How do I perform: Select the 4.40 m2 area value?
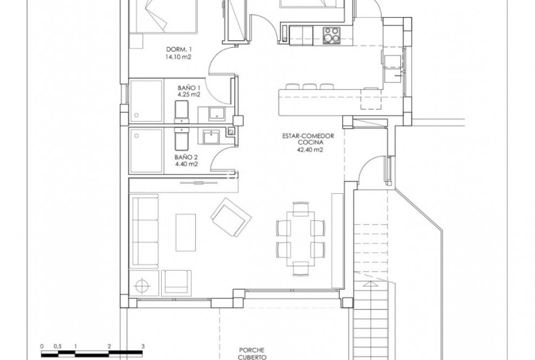[x=188, y=165]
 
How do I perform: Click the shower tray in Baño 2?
[x=146, y=150]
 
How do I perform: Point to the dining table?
[x=300, y=237]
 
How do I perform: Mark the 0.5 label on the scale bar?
[x=57, y=346]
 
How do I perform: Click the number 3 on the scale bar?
[x=143, y=346]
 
